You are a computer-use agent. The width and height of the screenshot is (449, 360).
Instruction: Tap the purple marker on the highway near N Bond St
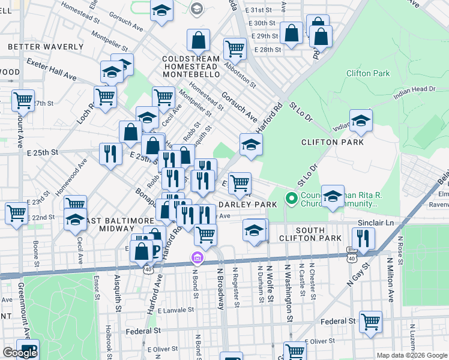coord(196,257)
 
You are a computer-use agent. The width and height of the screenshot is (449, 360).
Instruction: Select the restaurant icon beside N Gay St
coord(363,238)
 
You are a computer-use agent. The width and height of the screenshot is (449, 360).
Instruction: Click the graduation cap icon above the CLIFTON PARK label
coord(361,120)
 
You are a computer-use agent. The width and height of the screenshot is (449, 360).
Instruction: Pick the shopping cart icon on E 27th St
coord(23,101)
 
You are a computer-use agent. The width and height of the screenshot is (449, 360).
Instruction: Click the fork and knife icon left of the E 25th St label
coord(110,154)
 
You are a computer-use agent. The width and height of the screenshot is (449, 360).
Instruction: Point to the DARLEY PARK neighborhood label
coord(252,205)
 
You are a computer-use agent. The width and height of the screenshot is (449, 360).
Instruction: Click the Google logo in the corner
coord(20,353)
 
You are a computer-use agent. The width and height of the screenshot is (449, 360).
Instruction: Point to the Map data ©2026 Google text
coord(411,355)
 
